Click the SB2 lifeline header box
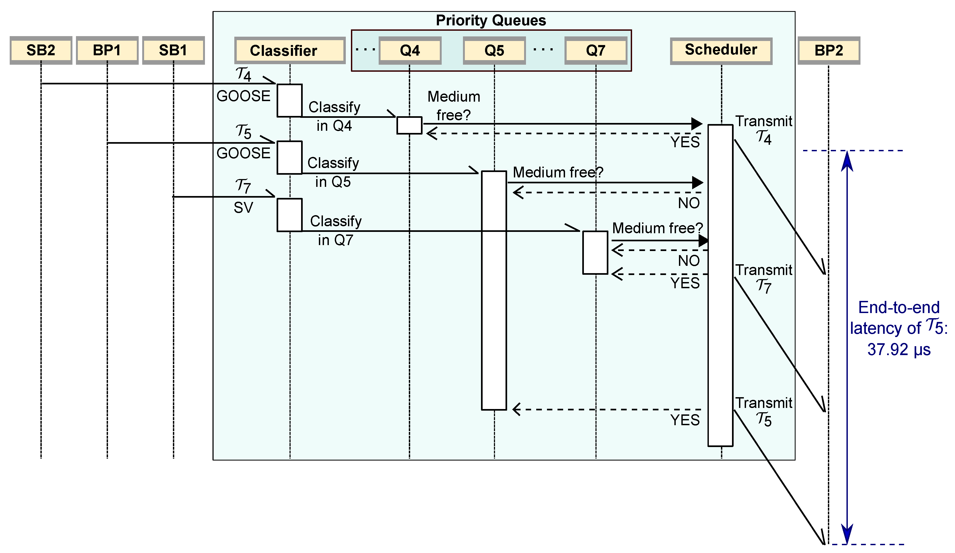(41, 50)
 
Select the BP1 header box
(107, 50)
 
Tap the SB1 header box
(173, 50)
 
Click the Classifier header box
(290, 50)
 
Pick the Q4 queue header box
(410, 50)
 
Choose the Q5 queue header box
(494, 50)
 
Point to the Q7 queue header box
(595, 50)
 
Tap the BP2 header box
(829, 50)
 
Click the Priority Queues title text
(491, 20)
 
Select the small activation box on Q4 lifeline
(409, 125)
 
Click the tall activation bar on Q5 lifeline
(494, 290)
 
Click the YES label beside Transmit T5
(685, 420)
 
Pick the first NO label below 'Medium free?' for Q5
(689, 203)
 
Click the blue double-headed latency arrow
(847, 347)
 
